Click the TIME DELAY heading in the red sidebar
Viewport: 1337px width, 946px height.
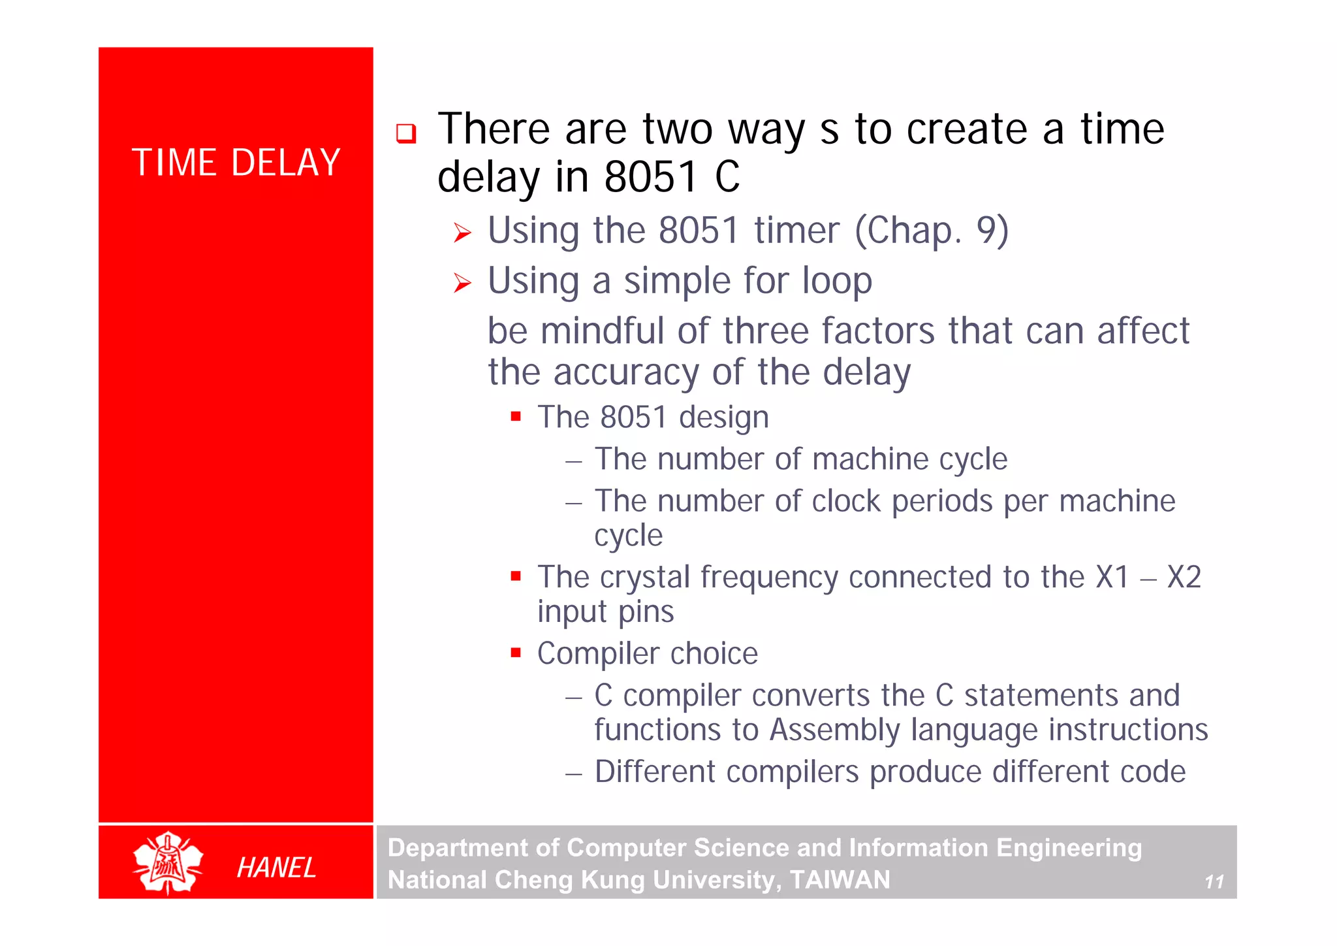(x=236, y=163)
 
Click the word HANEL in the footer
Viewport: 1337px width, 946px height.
(x=276, y=868)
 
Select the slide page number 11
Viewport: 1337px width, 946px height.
(x=1214, y=882)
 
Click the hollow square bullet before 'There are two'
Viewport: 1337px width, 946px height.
(x=406, y=134)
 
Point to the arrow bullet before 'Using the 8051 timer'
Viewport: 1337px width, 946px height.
(x=462, y=233)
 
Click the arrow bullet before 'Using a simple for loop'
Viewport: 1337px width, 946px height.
(x=462, y=283)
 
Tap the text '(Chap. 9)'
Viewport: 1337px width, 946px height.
(x=932, y=231)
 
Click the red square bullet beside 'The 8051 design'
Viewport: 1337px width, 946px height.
(x=516, y=416)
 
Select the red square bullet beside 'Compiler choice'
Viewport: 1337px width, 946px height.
(x=516, y=652)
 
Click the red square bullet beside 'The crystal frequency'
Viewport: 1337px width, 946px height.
(x=516, y=576)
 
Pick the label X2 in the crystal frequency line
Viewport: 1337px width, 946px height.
(x=1184, y=577)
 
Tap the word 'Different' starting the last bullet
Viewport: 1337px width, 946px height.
(x=655, y=772)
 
